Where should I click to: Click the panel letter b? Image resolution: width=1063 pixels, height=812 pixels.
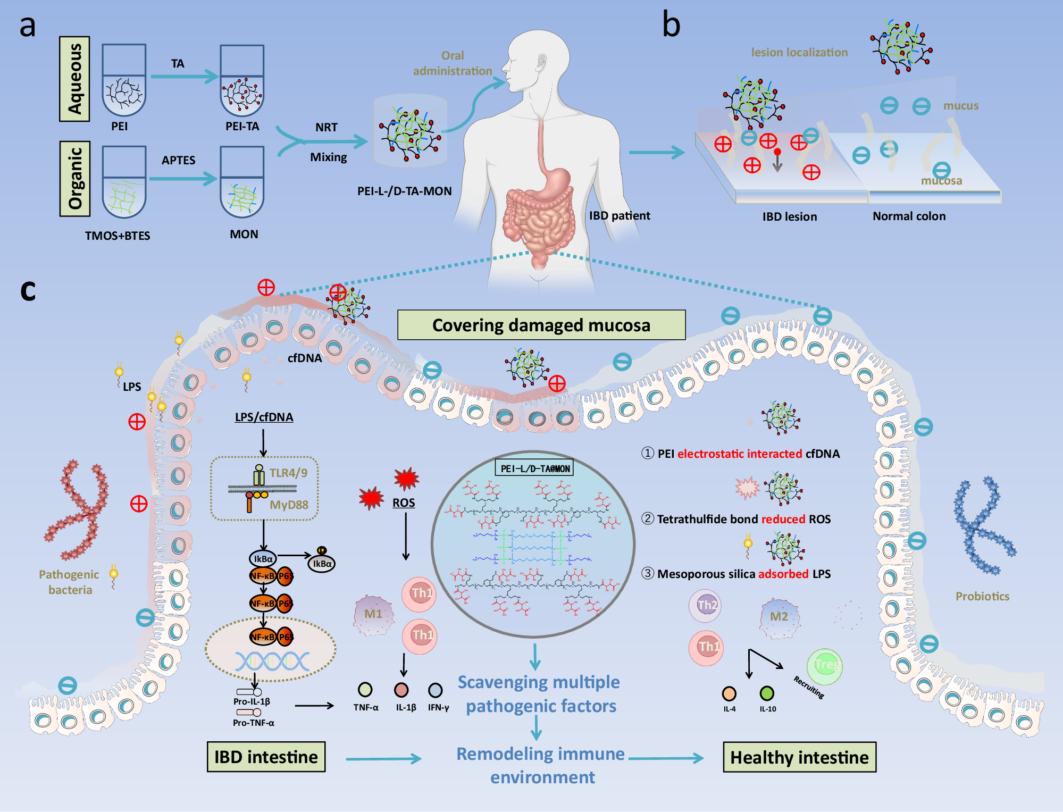click(x=671, y=26)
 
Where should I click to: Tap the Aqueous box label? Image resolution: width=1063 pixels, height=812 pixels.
click(x=74, y=79)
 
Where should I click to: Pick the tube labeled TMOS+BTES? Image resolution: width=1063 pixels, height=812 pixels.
click(x=124, y=182)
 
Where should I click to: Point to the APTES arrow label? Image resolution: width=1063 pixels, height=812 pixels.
click(x=178, y=160)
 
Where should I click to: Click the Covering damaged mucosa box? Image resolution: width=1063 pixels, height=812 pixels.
click(x=541, y=325)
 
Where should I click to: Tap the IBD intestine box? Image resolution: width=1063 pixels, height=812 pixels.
click(x=266, y=757)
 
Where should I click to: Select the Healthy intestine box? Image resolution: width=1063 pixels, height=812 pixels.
click(x=799, y=757)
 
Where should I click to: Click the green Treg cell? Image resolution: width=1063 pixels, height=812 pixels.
click(x=824, y=665)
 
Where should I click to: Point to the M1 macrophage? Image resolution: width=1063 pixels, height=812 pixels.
click(x=373, y=615)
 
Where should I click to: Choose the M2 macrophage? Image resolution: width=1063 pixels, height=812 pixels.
click(x=779, y=617)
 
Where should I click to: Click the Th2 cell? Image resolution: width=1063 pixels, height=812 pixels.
click(x=705, y=605)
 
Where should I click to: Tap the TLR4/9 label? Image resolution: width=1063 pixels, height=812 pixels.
click(x=288, y=473)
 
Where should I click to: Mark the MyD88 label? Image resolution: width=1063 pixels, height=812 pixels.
click(x=289, y=505)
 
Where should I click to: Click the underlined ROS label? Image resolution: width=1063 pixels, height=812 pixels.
click(x=404, y=503)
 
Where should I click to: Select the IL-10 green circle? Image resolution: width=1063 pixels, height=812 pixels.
click(x=767, y=693)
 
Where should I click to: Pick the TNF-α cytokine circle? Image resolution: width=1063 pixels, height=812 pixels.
click(x=365, y=690)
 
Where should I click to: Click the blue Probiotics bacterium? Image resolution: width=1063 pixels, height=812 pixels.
click(x=983, y=526)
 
